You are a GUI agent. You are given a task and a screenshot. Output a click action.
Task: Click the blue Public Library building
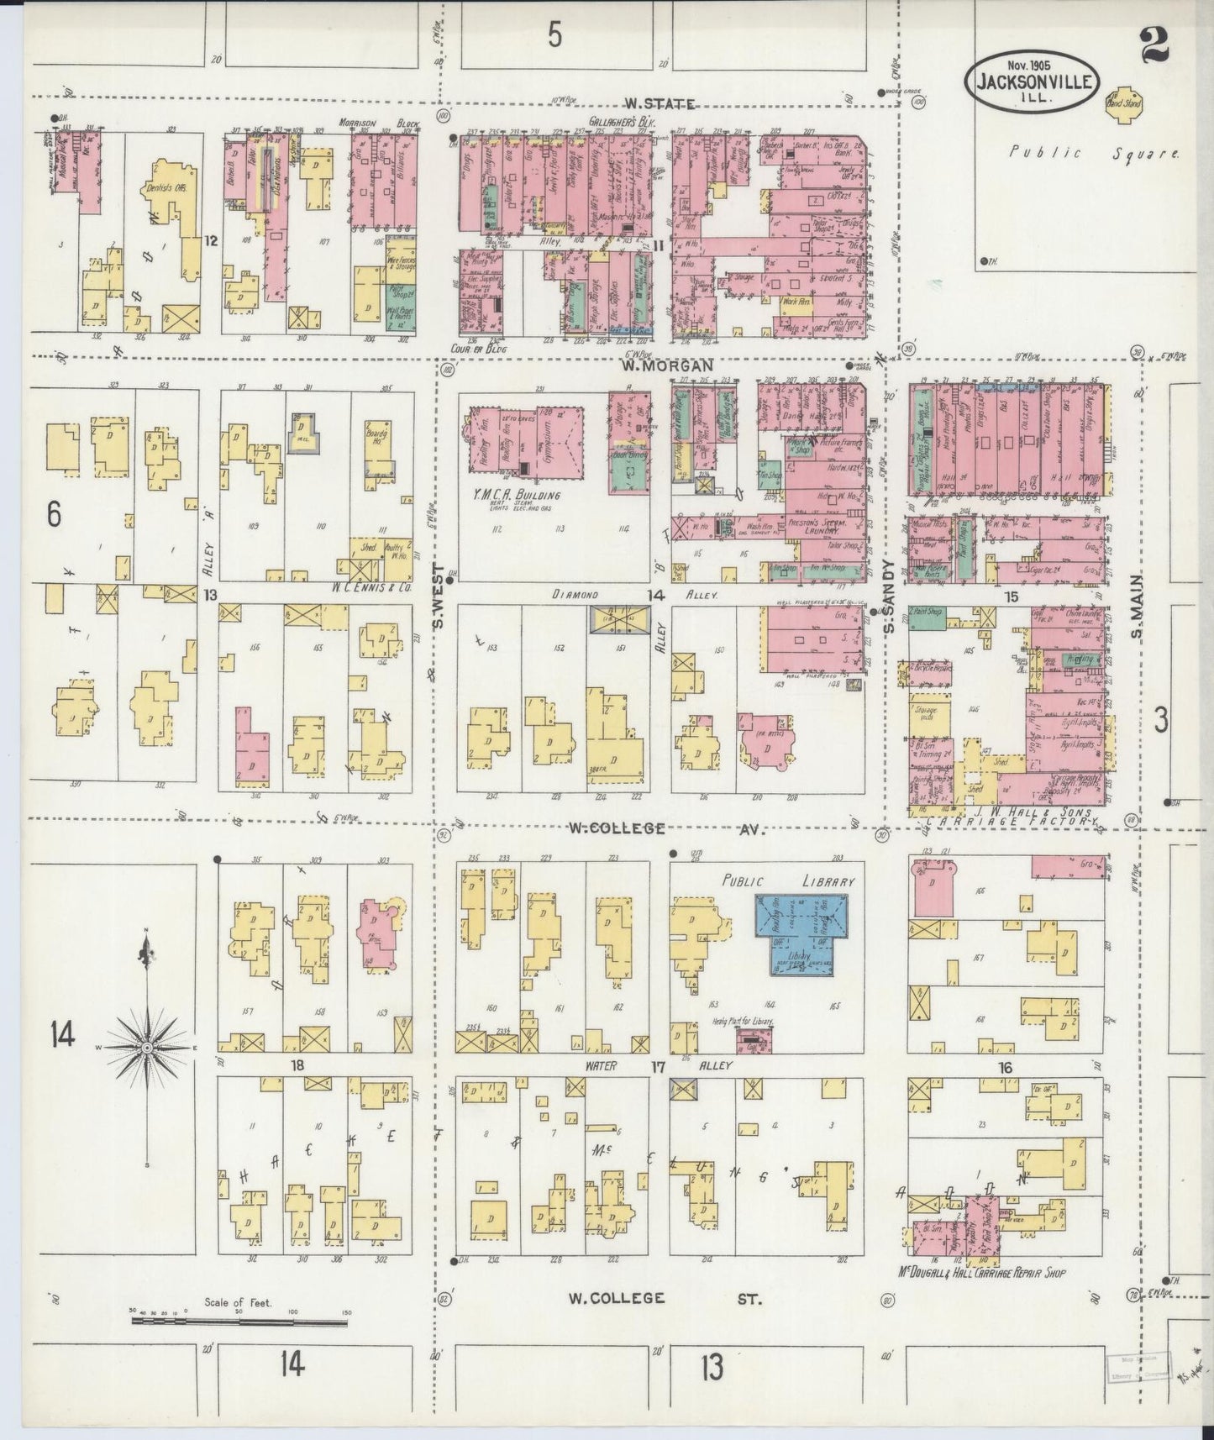click(806, 934)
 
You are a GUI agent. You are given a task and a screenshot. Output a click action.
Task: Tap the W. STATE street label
click(660, 104)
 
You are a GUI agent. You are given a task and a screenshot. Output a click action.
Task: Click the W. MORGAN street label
click(667, 365)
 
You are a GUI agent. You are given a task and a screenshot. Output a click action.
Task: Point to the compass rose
click(147, 1049)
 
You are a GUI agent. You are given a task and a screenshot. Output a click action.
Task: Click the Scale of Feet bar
click(239, 1323)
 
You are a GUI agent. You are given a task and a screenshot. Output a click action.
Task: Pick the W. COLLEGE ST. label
click(664, 1298)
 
